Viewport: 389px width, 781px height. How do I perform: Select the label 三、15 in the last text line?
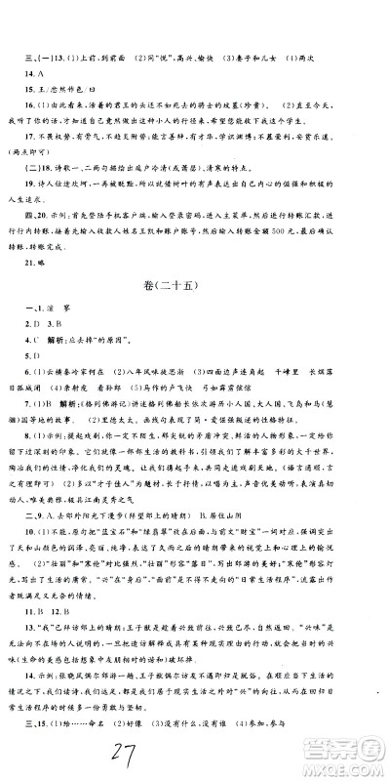tap(42, 732)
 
